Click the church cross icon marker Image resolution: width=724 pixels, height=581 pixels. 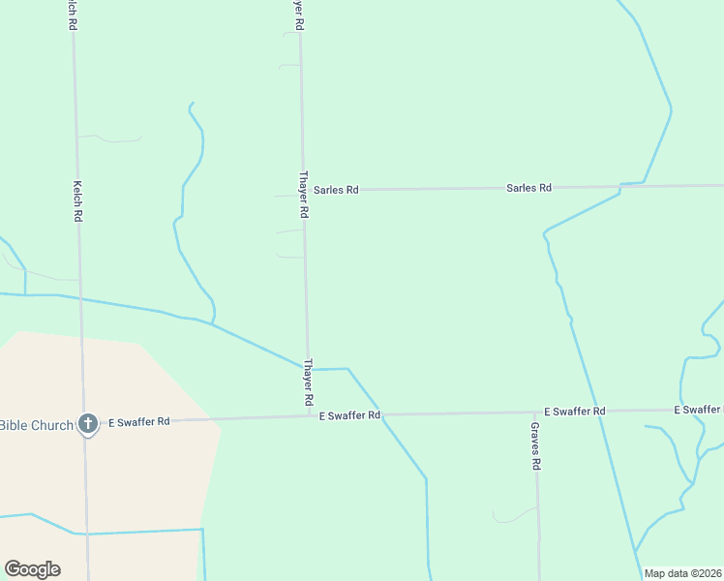coord(88,423)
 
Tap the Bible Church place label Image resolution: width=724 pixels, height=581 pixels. coord(37,425)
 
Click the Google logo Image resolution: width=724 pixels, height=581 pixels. coord(32,569)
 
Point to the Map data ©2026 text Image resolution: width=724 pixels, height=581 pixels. coord(683,573)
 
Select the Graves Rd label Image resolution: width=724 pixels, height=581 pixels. coord(535,445)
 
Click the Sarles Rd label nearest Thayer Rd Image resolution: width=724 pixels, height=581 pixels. coord(336,190)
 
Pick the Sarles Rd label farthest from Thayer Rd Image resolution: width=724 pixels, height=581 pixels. coord(528,188)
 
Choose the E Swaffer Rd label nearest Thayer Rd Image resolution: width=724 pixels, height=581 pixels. coord(349,415)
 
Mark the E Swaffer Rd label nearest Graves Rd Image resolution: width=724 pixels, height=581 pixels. coord(574,412)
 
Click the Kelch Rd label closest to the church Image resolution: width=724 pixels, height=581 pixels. coord(77,201)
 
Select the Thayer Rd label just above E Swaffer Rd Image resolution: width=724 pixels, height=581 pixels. coord(309,382)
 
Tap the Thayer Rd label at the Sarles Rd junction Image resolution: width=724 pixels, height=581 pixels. coord(304,194)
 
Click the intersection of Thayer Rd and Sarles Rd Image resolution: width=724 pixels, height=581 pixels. coord(303,191)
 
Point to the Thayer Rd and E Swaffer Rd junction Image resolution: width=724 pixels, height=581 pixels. coord(310,416)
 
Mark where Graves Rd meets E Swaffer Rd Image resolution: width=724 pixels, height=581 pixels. coord(536,413)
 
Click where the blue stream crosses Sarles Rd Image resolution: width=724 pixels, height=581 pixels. coord(620,185)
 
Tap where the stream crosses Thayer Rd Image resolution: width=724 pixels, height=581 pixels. coord(309,369)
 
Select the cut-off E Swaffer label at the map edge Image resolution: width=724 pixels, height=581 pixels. coord(698,411)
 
